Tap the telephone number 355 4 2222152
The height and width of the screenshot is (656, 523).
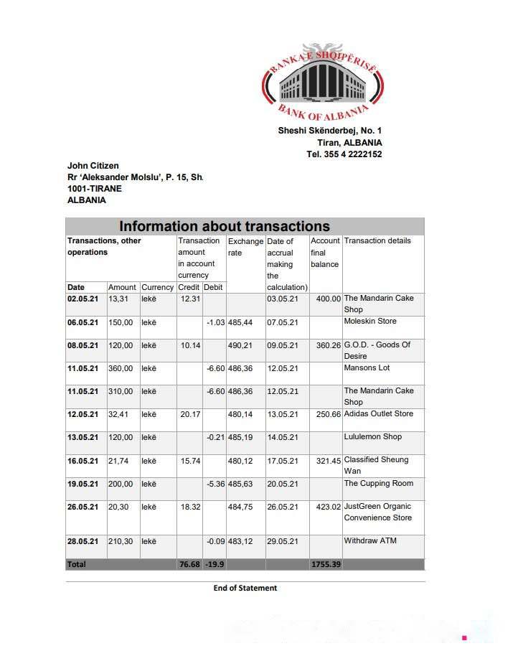tap(354, 154)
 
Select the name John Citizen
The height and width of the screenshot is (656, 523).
tap(93, 166)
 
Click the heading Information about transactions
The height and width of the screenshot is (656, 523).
tap(225, 226)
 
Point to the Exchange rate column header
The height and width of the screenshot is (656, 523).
tap(245, 246)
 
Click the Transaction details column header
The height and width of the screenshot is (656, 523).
tap(377, 240)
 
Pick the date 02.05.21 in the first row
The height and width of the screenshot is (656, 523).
tap(83, 299)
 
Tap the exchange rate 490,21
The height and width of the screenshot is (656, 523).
tap(240, 345)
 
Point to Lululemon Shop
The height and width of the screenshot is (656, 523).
tap(372, 437)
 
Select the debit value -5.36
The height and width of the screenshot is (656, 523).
tap(215, 484)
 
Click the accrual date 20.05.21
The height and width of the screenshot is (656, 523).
tap(282, 484)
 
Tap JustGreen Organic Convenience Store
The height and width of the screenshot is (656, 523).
tap(377, 512)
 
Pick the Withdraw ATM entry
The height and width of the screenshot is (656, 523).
tap(370, 541)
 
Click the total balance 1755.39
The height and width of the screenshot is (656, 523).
tap(326, 565)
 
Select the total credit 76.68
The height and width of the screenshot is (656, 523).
tap(189, 565)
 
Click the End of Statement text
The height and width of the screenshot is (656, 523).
tap(245, 588)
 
